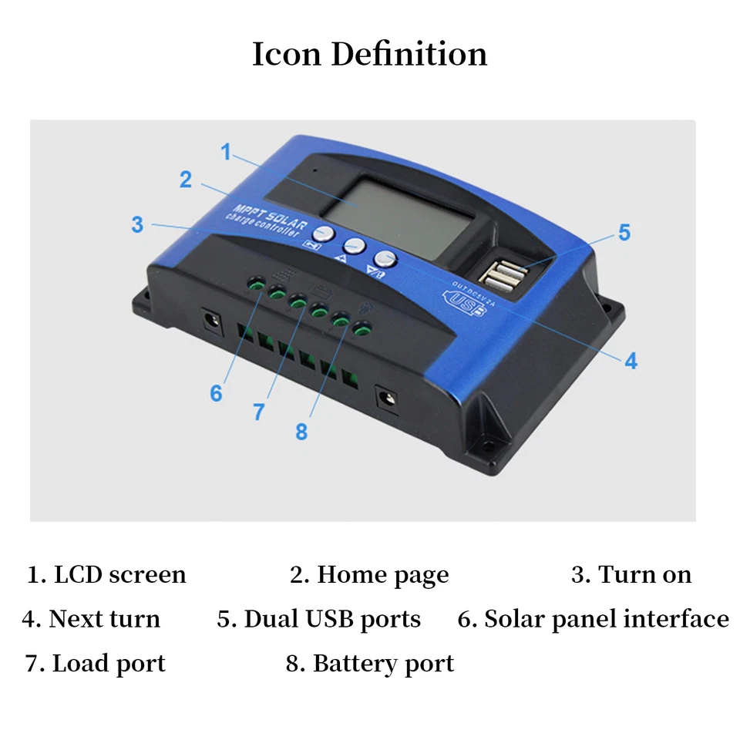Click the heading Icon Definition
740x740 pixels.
click(x=369, y=55)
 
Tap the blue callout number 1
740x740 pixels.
click(x=226, y=153)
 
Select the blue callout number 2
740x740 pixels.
click(x=186, y=180)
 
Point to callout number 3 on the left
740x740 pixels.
click(x=137, y=224)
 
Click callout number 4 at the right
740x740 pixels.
click(x=631, y=360)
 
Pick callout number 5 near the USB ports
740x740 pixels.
click(x=624, y=232)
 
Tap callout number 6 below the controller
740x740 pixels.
click(x=216, y=393)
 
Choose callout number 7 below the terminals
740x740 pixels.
click(x=259, y=412)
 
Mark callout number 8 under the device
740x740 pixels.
click(x=301, y=432)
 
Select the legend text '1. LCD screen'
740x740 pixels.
click(x=107, y=575)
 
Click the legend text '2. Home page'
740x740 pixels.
click(x=369, y=575)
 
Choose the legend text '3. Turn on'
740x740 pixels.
click(x=631, y=575)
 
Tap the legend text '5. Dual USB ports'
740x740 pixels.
click(x=318, y=620)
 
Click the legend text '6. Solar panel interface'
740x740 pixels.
click(x=593, y=620)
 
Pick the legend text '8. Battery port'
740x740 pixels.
click(x=370, y=664)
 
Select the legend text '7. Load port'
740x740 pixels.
click(x=96, y=664)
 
